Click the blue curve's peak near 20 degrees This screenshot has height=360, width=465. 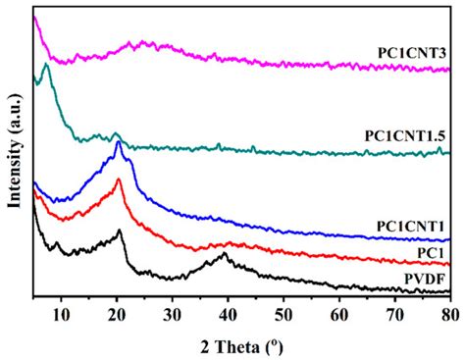point(119,143)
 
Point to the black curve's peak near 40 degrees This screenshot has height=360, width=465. point(225,254)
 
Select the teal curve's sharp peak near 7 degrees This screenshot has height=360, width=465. point(46,66)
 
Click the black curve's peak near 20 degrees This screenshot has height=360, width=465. point(120,231)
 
